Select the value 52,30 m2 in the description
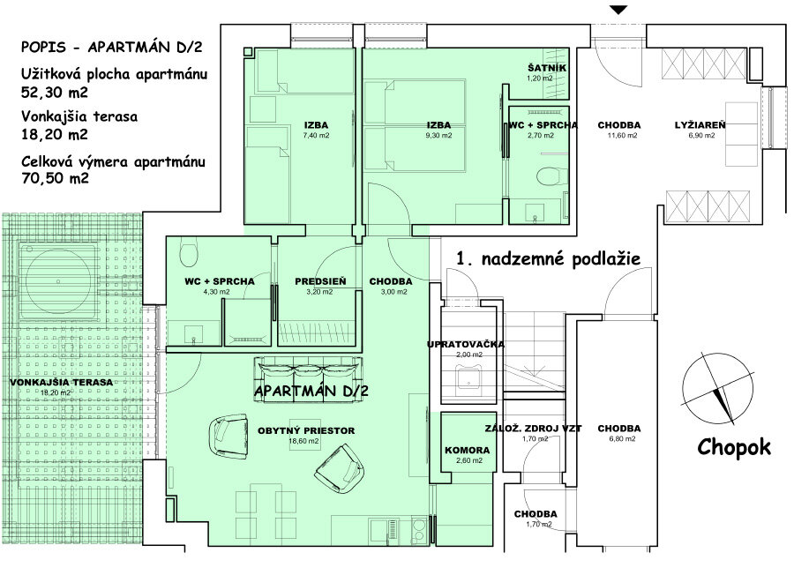pos(54,91)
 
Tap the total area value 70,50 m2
pos(54,177)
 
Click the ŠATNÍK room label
pos(546,68)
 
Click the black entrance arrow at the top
pos(619,10)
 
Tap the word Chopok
pos(733,447)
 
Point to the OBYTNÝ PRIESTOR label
pos(306,430)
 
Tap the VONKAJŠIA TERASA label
pos(62,382)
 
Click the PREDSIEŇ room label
pos(319,281)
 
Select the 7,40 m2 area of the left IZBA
pos(315,136)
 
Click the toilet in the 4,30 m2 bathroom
pos(188,256)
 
